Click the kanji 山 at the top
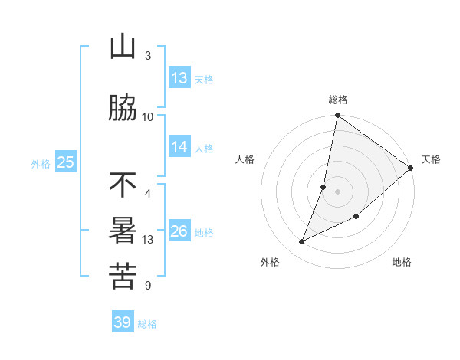coord(123,47)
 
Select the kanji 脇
coord(123,108)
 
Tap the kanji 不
coord(123,185)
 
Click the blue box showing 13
coord(179,78)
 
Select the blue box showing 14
coord(179,147)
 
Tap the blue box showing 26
coord(179,231)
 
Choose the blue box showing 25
coord(65,162)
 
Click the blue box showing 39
coord(123,322)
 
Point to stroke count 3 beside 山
coord(147,56)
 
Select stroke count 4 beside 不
coord(147,194)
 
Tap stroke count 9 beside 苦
coord(147,286)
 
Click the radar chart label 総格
coord(338,100)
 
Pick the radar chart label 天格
coord(431,159)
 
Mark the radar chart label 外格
coord(270,263)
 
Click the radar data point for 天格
coord(411,169)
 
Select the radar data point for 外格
coord(302,242)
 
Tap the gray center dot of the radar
coord(338,191)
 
